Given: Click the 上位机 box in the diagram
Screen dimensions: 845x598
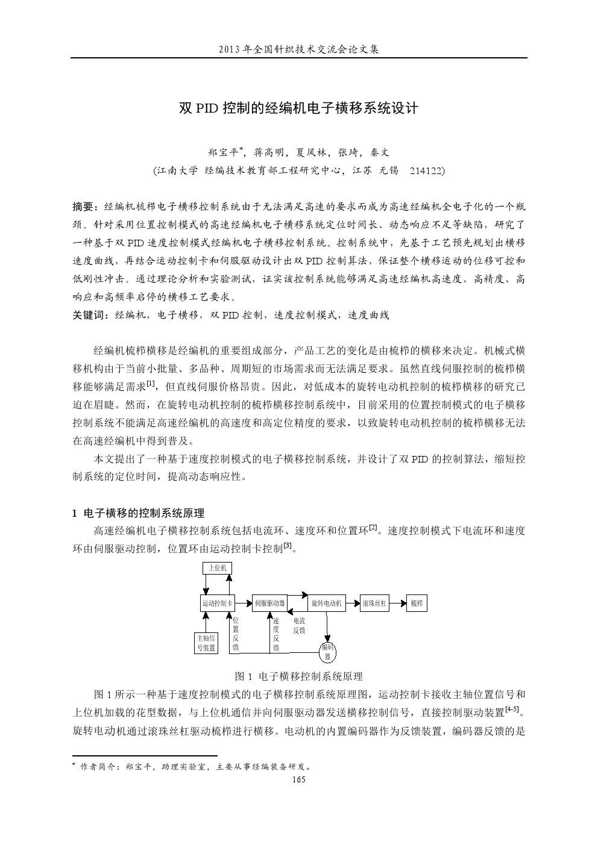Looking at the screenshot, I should point(216,568).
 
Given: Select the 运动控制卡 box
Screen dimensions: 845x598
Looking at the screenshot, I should point(217,603).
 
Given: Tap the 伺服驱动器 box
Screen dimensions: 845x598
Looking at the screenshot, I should point(269,603).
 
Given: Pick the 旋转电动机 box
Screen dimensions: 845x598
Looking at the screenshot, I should point(327,603).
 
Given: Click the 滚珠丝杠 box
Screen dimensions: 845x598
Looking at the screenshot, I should point(375,603).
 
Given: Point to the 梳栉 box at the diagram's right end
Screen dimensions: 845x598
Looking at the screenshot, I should point(417,603).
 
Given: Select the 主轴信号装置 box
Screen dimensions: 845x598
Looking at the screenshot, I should point(206,643).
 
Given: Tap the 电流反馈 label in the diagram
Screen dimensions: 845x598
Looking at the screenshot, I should point(299,625).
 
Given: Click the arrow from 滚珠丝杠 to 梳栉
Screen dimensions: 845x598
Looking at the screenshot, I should point(398,603).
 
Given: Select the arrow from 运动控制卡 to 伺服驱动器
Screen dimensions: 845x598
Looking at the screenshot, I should point(243,603).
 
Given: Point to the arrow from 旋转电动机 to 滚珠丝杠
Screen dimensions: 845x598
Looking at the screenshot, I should point(353,603).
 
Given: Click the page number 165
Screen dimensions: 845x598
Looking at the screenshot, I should point(298,779).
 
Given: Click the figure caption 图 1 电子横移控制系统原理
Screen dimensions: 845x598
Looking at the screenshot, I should point(298,676).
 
